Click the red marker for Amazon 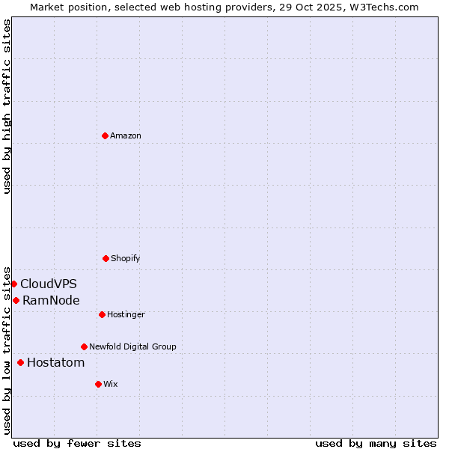point(106,135)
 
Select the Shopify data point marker point(106,258)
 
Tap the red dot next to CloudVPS point(13,284)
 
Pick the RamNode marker point(16,300)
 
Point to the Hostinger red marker point(102,314)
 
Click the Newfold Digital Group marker point(84,346)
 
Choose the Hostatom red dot point(20,362)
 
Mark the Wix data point point(98,384)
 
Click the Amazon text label point(126,135)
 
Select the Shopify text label point(126,258)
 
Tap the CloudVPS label point(49,284)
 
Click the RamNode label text point(51,300)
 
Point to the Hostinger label point(126,314)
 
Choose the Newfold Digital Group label point(132,346)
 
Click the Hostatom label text point(55,362)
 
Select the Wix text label point(111,384)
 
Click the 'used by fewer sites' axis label point(77,443)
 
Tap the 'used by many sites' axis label point(376,443)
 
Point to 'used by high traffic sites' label point(7,106)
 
